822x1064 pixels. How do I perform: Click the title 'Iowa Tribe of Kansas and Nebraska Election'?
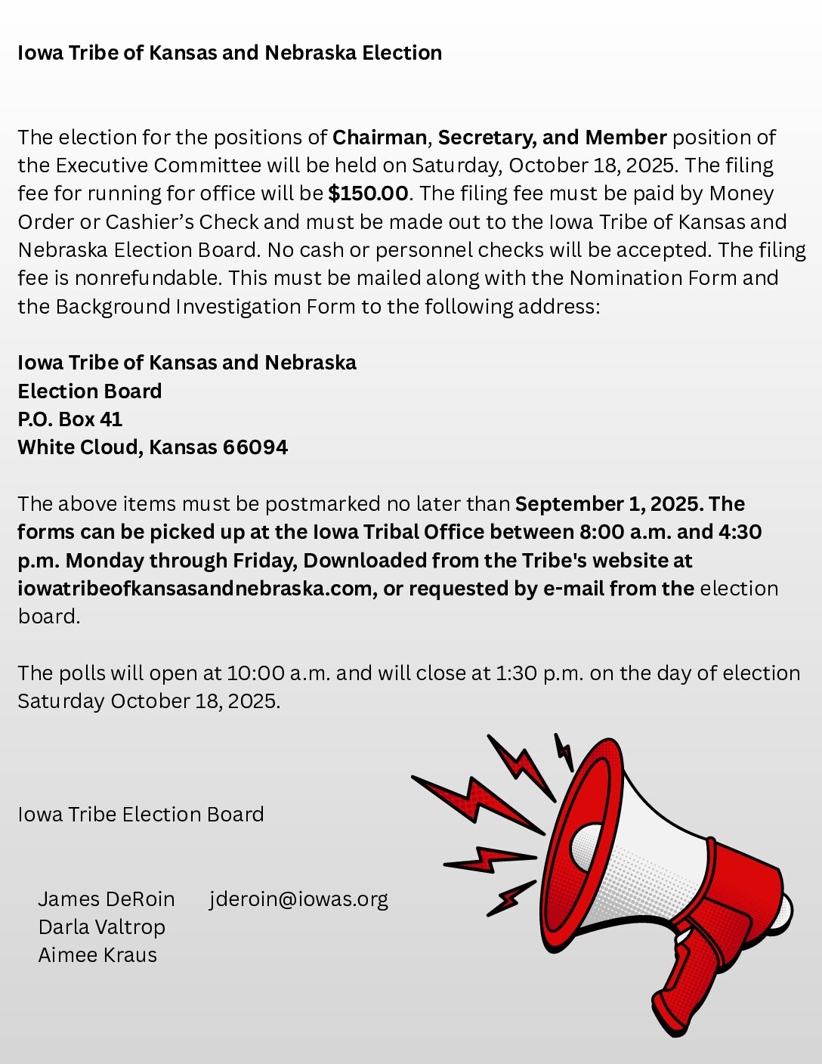click(230, 53)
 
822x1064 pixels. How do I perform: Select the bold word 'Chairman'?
click(379, 138)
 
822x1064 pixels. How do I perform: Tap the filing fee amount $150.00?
click(368, 193)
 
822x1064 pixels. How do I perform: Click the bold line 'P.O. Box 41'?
click(70, 419)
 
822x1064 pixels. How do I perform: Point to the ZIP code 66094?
click(255, 447)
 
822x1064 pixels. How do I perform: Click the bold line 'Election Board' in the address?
click(89, 391)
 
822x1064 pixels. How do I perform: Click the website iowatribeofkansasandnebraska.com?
click(195, 589)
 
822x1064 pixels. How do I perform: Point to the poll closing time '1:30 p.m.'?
click(539, 673)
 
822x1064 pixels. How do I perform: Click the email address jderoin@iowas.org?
click(298, 899)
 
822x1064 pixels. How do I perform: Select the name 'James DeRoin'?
click(107, 899)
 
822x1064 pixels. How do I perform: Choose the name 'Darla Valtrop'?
click(102, 927)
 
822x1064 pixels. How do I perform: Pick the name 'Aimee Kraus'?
click(97, 955)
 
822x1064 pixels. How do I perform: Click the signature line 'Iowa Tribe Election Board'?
click(141, 815)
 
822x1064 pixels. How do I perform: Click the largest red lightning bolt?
click(476, 801)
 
